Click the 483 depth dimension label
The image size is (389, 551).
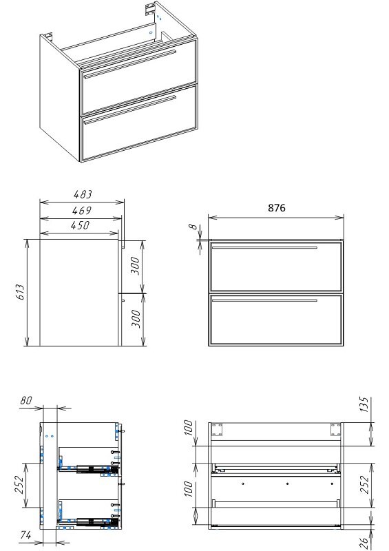tap(83, 194)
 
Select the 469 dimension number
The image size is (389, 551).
tap(81, 211)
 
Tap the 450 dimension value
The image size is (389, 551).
tap(80, 225)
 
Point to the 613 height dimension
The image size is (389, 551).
tap(21, 292)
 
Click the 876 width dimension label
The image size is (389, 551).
tap(277, 208)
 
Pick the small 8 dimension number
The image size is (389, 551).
tap(193, 227)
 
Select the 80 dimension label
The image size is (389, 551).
tap(26, 400)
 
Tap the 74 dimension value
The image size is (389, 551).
tap(25, 535)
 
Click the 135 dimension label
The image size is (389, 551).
tap(365, 405)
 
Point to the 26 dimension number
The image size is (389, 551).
tap(366, 543)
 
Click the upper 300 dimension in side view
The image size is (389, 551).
tap(136, 266)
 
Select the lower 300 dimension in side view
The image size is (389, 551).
tap(136, 319)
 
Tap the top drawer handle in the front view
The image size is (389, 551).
tap(264, 248)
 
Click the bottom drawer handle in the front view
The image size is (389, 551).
tap(264, 300)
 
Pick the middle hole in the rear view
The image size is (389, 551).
tap(287, 484)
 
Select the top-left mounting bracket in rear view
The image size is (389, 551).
tap(217, 429)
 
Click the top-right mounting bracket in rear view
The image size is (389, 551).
tap(335, 429)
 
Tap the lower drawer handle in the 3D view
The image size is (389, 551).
tap(129, 110)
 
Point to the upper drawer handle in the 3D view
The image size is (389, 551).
tap(129, 63)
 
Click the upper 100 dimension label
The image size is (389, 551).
tap(189, 428)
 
